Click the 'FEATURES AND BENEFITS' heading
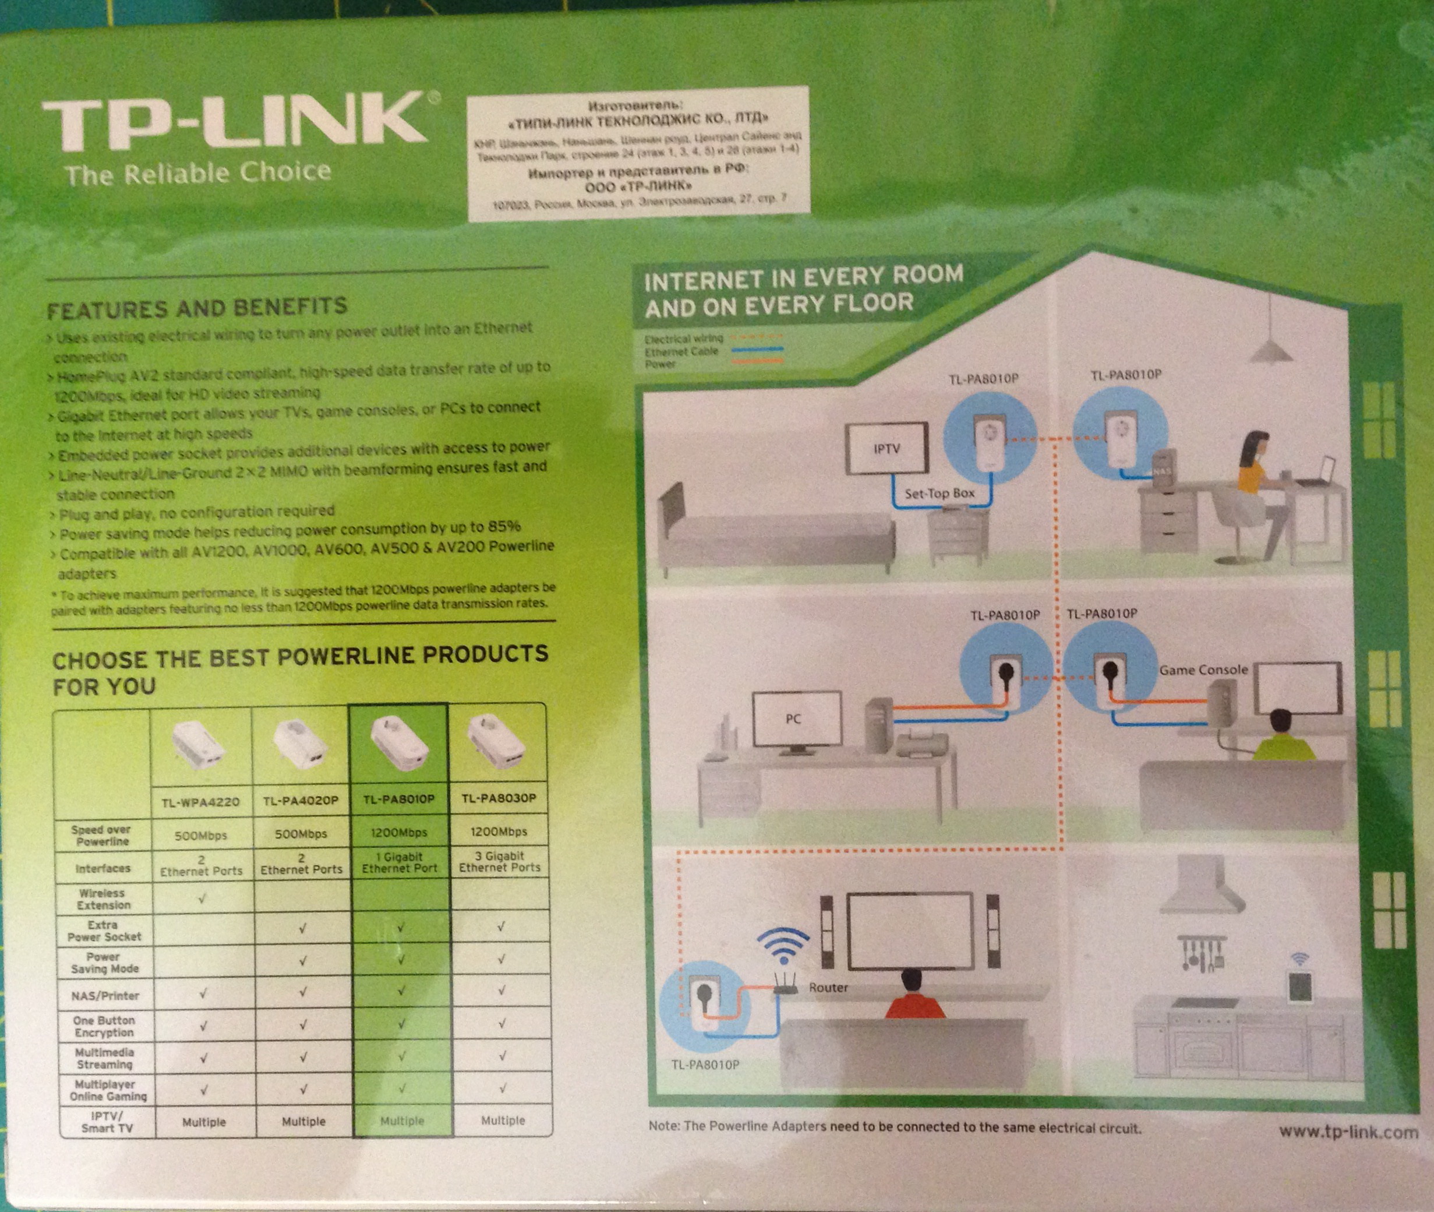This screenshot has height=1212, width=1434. (197, 308)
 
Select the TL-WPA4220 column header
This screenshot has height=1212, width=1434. (200, 801)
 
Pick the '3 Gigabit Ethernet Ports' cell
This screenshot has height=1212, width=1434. (500, 862)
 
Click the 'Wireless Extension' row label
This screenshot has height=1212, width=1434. (103, 899)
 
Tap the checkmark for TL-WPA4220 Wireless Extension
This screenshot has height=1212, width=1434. (203, 898)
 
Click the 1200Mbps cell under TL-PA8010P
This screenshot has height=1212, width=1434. (399, 832)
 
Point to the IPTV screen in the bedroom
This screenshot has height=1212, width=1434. (886, 449)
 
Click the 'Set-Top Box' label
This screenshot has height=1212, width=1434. (939, 494)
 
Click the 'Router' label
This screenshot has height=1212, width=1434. (828, 987)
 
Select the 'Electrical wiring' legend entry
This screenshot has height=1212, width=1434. (684, 339)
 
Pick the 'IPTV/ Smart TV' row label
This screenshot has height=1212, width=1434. (107, 1122)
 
